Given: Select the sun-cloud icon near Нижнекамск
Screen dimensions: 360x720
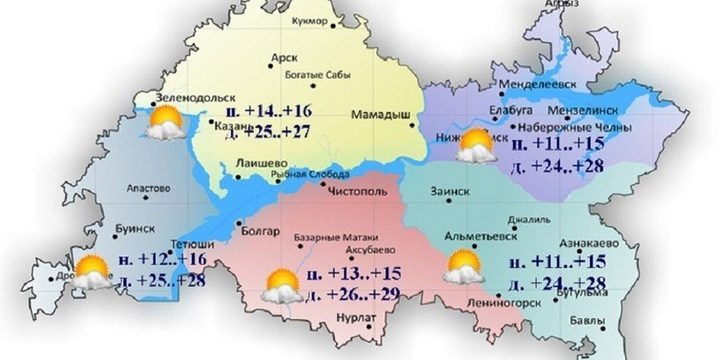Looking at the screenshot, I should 473,148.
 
